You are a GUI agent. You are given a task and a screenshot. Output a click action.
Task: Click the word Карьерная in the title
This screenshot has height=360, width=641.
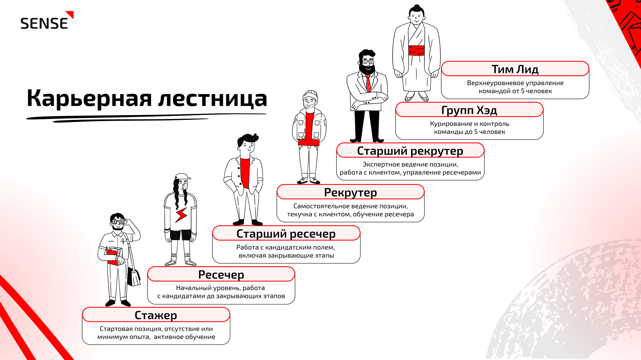point(89,99)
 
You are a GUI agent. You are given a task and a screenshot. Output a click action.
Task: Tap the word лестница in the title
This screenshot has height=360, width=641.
point(212,99)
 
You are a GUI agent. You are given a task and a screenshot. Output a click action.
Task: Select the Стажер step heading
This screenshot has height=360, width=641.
point(156,315)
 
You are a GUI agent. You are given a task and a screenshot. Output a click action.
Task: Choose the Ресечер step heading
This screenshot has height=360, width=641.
point(221,275)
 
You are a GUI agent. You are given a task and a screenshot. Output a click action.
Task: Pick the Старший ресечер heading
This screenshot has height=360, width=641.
point(286,234)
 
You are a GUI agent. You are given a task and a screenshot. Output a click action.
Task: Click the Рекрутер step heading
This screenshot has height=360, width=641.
point(350,193)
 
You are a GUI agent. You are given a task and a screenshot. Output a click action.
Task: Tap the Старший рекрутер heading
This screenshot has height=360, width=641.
point(410,151)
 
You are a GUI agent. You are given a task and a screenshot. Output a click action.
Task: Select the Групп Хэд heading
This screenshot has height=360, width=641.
point(469,110)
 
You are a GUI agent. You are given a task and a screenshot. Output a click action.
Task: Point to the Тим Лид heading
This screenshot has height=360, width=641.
point(515,69)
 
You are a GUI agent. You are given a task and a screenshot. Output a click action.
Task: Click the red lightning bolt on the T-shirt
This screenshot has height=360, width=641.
point(181,215)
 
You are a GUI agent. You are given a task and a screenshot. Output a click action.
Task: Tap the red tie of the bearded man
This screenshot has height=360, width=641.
point(368,83)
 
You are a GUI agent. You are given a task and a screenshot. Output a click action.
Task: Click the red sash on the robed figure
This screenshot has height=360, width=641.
point(416,50)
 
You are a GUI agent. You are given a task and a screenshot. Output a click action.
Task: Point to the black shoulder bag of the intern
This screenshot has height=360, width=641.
point(134,277)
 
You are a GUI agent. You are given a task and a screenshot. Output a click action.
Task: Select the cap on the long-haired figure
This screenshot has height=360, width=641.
point(182,176)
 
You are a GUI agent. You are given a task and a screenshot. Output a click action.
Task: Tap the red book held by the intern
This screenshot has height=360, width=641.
point(114,256)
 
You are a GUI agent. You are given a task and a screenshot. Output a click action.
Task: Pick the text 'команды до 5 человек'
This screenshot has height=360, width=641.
point(469,132)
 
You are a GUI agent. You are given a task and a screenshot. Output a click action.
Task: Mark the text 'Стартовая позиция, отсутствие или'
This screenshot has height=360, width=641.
point(156,329)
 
